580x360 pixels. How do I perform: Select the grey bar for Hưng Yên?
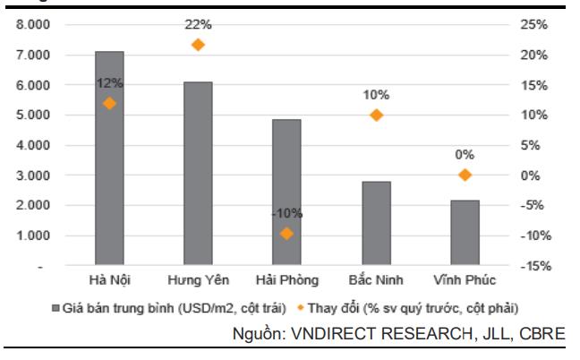tap(198, 174)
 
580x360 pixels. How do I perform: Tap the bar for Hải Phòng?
tap(286, 193)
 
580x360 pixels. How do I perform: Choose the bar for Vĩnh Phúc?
tap(464, 233)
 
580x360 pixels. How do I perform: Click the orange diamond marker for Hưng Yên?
tap(198, 44)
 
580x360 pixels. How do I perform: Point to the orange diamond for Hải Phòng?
tap(286, 234)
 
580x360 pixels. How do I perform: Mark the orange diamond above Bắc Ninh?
tap(376, 115)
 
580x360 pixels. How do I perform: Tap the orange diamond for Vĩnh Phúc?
tap(464, 175)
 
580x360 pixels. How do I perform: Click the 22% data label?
tap(199, 24)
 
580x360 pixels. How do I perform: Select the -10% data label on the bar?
tap(286, 213)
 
